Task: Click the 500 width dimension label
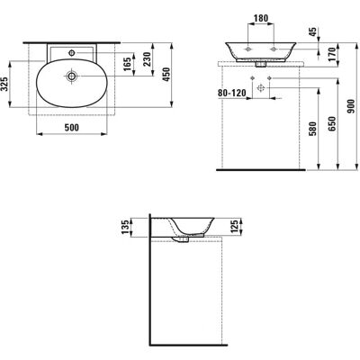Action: (72, 128)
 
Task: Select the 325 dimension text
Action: (4, 84)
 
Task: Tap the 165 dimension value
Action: (127, 64)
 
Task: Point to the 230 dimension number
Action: (147, 58)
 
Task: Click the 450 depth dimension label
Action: (166, 75)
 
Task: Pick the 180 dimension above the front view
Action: (261, 18)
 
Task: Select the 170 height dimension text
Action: (330, 54)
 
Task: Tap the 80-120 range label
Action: (231, 93)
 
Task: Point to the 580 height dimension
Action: (312, 129)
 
